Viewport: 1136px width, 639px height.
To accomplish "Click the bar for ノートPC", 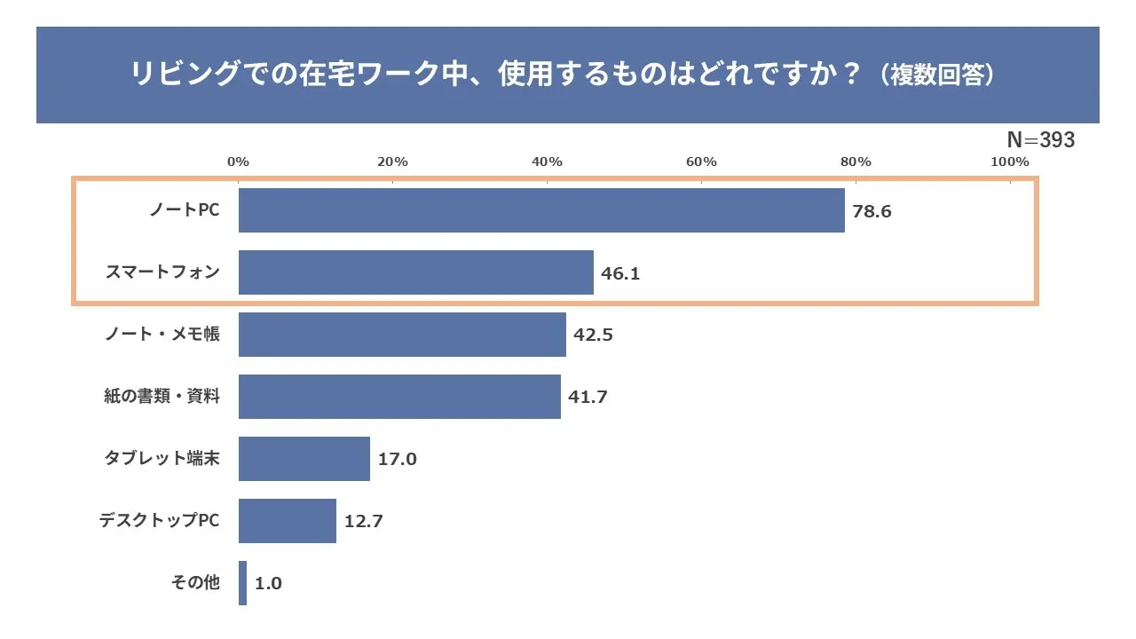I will coord(541,210).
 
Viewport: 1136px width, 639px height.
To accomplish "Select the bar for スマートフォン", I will coord(415,272).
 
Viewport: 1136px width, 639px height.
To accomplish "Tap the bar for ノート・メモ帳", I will coord(402,335).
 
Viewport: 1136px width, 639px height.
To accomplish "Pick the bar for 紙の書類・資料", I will coord(399,397).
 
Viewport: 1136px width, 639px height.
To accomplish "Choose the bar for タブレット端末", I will coord(304,459).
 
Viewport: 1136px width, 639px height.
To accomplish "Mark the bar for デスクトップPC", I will coord(288,521).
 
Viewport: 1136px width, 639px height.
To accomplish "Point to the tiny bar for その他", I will coord(242,583).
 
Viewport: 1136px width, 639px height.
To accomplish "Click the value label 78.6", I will coord(872,211).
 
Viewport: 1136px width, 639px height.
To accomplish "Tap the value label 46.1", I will coord(620,273).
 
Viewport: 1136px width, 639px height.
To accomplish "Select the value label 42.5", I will coord(593,335).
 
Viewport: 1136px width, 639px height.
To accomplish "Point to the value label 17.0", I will coord(397,460).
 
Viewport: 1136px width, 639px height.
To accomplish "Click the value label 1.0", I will coord(268,584).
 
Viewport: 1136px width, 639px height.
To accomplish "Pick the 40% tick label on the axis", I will coord(547,162).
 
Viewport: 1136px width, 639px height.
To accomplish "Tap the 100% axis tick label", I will coord(1009,162).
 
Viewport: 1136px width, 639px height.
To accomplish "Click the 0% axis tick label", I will coord(238,162).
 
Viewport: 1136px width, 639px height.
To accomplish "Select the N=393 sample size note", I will coord(1040,140).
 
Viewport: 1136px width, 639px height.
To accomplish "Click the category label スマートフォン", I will coord(162,272).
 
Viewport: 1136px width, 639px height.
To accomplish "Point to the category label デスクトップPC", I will coord(159,521).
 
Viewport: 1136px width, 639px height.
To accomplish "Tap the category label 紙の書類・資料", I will coord(162,397).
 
